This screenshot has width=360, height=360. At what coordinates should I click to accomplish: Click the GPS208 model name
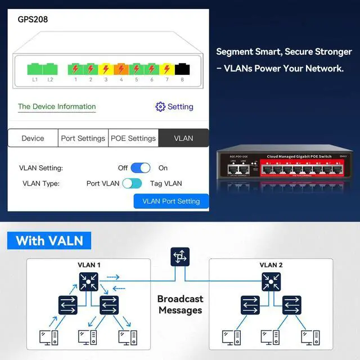coord(33,19)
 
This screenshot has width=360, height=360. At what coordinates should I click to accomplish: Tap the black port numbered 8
coord(182,69)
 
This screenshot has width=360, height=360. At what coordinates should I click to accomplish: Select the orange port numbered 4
coord(121,69)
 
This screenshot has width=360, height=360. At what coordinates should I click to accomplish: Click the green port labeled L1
coord(34,69)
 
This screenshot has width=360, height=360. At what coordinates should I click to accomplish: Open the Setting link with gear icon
coord(174,106)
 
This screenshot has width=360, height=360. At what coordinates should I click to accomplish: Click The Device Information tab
coord(57,106)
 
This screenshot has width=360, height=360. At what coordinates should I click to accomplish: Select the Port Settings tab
coord(83,138)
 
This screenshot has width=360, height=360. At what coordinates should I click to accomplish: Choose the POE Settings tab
coord(133,138)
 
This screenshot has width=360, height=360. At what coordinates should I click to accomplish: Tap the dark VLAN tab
coord(183,138)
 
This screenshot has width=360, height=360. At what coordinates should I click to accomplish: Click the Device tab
coord(33,138)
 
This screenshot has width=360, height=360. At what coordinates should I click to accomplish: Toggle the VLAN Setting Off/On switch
coord(141,168)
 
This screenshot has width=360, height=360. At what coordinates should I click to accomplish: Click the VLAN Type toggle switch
coord(132,183)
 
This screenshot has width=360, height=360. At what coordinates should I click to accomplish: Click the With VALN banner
coord(49,241)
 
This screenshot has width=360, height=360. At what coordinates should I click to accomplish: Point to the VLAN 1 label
coord(89,265)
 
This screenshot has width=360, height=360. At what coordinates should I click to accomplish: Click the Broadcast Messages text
coord(180,304)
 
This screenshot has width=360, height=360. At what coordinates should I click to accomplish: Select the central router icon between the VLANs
coord(180,257)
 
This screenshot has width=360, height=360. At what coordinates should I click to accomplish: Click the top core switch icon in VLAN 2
coord(271,281)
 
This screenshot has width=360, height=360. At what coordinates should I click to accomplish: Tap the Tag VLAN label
coord(166,183)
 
